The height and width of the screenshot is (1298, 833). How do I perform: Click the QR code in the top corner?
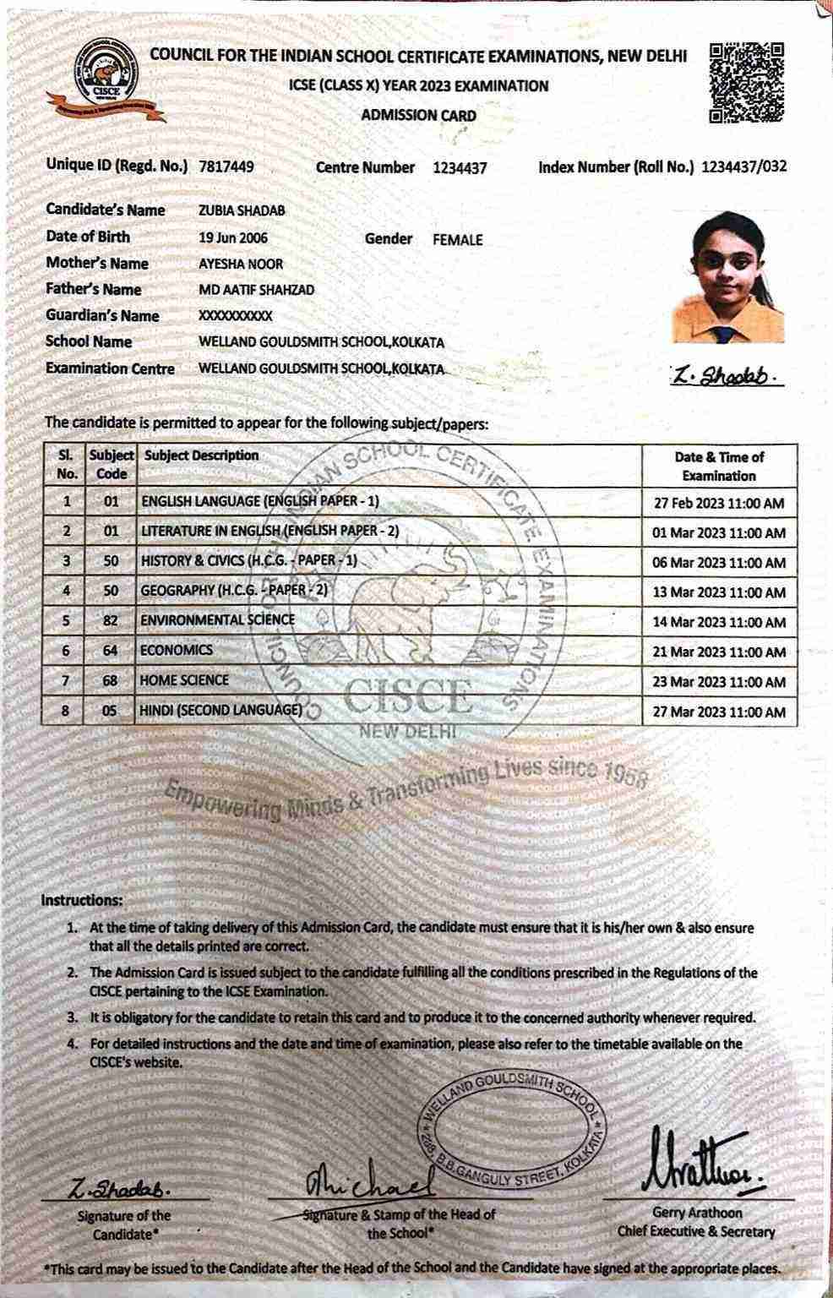(x=746, y=83)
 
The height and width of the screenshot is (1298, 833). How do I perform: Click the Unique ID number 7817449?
(x=226, y=167)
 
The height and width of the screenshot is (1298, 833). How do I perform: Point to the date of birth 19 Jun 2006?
(x=232, y=237)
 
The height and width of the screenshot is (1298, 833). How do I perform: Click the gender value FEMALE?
(x=457, y=240)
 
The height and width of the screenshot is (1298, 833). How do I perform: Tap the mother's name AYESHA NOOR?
(x=241, y=264)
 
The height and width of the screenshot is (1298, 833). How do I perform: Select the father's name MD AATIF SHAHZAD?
(x=256, y=290)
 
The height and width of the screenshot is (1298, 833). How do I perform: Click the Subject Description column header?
(x=202, y=455)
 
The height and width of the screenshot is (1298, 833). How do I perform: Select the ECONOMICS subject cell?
(x=177, y=651)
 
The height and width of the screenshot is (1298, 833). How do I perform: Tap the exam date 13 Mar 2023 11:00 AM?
(x=719, y=592)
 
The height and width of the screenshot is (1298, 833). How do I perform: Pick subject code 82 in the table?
(x=112, y=620)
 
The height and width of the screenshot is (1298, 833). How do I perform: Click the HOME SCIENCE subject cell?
(x=184, y=680)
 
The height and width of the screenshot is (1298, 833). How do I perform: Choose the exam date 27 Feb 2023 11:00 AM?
(x=719, y=504)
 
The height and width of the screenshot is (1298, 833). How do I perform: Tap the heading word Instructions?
(x=82, y=901)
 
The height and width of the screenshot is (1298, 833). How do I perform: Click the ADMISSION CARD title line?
(x=418, y=116)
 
